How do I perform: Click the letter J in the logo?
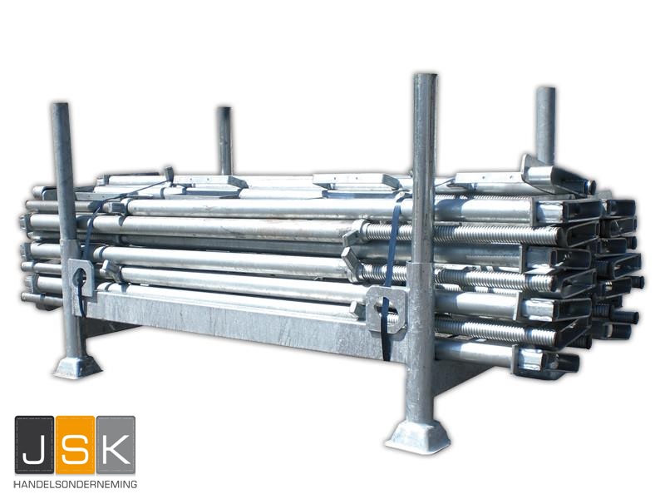pyautogui.click(x=34, y=445)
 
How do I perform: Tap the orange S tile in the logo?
pyautogui.click(x=75, y=445)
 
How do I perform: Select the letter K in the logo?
pyautogui.click(x=116, y=445)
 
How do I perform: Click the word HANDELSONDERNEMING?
pyautogui.click(x=75, y=484)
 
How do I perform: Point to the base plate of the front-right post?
pyautogui.click(x=418, y=437)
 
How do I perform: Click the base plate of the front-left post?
pyautogui.click(x=77, y=367)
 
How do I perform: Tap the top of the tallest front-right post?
pyautogui.click(x=426, y=77)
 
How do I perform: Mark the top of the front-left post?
pyautogui.click(x=60, y=105)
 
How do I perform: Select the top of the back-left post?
pyautogui.click(x=224, y=109)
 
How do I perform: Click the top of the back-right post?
pyautogui.click(x=546, y=90)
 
